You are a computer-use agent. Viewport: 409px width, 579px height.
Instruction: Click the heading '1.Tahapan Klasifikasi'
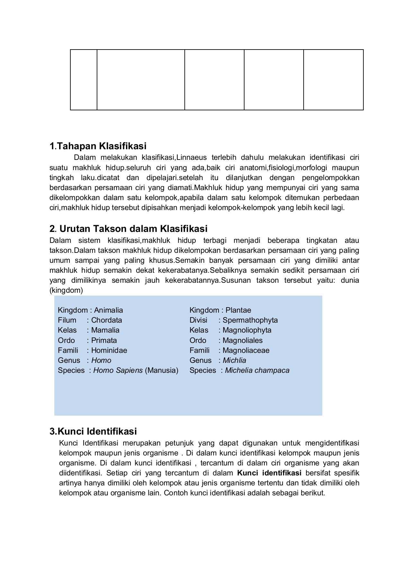[x=98, y=146]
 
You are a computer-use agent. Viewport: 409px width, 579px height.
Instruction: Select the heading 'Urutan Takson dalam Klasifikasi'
[x=133, y=229]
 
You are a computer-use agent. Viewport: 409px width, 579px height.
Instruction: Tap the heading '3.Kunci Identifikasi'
[x=93, y=431]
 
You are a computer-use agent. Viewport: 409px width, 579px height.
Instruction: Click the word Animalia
[x=109, y=310]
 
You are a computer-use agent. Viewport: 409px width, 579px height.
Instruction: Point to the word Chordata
[x=107, y=320]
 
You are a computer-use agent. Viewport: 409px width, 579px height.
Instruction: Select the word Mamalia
[x=105, y=330]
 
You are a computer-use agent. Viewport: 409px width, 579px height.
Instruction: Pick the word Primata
[x=104, y=340]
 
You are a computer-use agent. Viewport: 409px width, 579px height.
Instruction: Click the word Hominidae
[x=109, y=350]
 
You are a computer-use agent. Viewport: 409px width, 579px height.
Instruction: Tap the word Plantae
[x=238, y=310]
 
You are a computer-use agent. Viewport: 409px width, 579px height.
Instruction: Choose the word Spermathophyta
[x=250, y=320]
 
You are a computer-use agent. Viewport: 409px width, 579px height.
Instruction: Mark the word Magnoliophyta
[x=247, y=330]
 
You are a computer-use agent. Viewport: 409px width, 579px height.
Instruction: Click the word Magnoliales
[x=243, y=340]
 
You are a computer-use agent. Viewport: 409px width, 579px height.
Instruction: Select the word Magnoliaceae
[x=246, y=350]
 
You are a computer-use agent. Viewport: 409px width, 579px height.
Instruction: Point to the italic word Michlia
[x=235, y=360]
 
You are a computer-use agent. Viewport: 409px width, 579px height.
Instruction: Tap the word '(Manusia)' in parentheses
[x=162, y=370]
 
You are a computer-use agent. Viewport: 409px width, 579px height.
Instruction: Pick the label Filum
[x=67, y=320]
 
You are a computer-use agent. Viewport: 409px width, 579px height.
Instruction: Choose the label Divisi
[x=199, y=320]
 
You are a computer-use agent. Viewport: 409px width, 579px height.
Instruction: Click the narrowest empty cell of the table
[x=84, y=80]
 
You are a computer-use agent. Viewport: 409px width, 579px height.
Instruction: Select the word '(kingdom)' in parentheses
[x=66, y=290]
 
